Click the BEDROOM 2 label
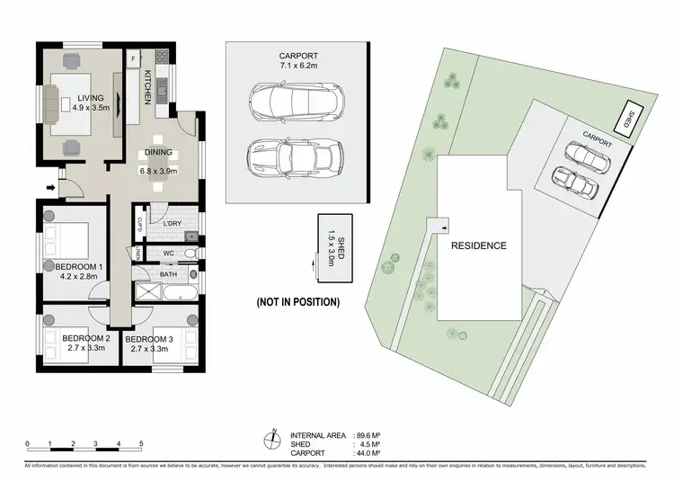[x=85, y=343]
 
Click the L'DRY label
[x=174, y=222]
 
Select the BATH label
[x=168, y=275]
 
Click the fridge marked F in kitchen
[x=133, y=58]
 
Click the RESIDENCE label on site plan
[x=479, y=245]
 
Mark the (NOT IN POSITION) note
[x=297, y=302]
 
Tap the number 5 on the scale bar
[x=141, y=444]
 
